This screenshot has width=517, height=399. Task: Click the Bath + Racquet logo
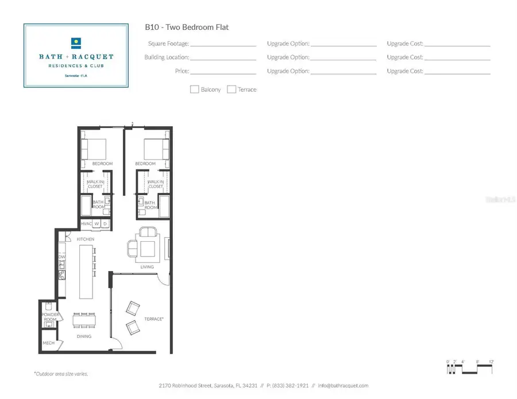76,55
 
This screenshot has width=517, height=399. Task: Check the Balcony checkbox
195,89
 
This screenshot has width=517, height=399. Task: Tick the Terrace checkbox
232,89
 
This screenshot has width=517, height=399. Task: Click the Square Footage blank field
223,44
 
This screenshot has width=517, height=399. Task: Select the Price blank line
223,72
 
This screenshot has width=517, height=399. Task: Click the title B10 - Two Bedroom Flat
187,27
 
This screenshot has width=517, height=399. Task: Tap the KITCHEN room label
86,239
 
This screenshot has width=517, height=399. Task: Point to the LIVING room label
147,267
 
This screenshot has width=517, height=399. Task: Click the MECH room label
48,344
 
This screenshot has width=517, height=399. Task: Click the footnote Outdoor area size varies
61,374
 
